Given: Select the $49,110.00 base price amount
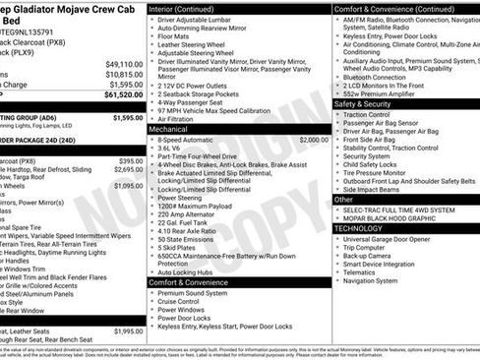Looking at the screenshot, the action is coord(124,63).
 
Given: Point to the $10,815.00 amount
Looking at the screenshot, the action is coord(124,74).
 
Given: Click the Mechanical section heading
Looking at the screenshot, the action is coord(168,129).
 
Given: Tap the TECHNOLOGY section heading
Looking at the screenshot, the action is coord(358,228).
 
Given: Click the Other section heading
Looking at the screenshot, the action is coord(343,200).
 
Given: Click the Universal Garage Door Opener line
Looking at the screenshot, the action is coord(397,239).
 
